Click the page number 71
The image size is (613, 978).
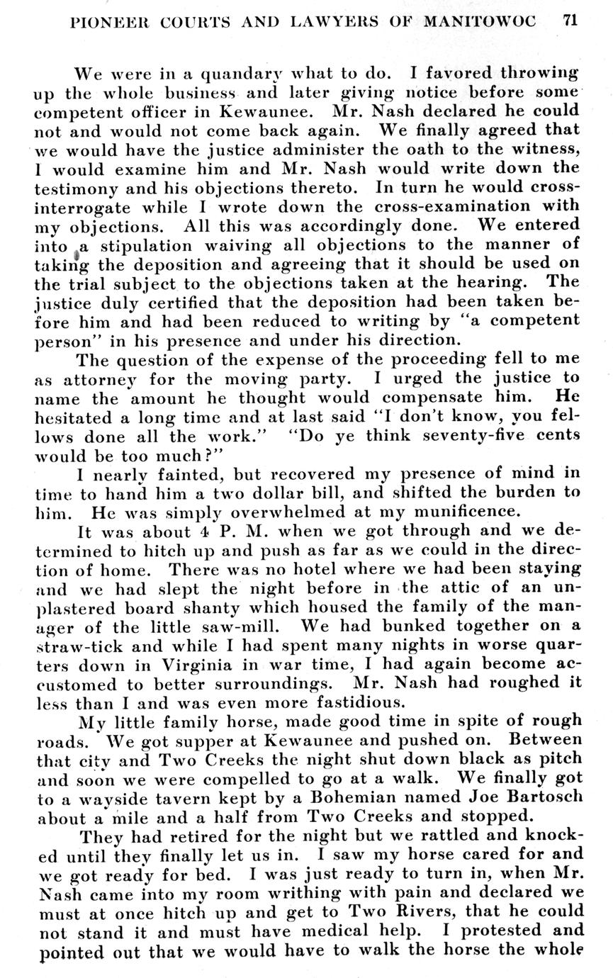tap(570, 21)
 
